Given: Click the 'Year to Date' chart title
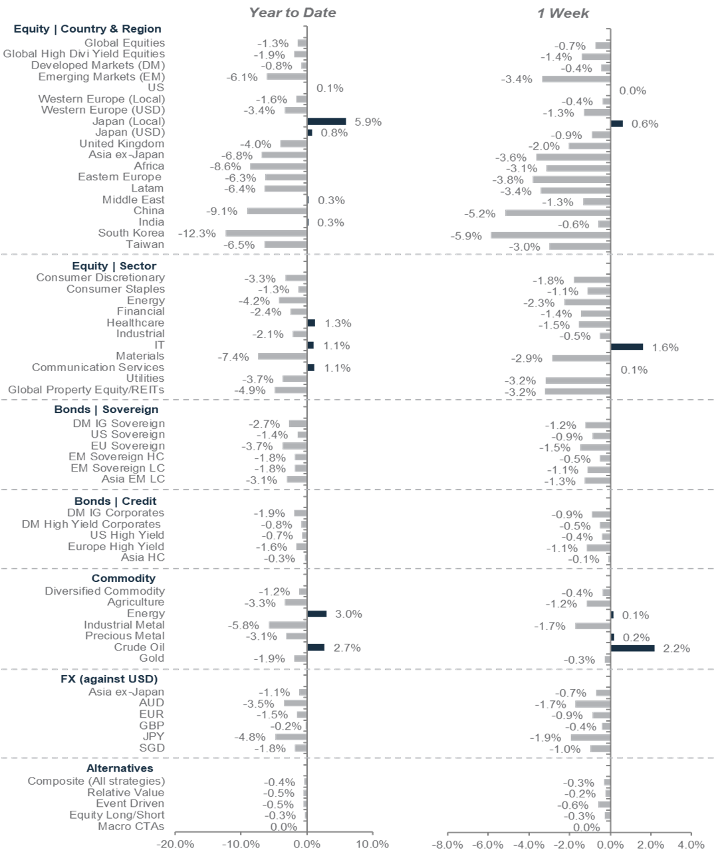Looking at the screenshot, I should click(x=292, y=13).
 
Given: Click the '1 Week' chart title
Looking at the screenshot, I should click(x=563, y=13).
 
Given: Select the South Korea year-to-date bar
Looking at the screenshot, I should click(x=266, y=233).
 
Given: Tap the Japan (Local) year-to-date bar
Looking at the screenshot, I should click(x=326, y=122).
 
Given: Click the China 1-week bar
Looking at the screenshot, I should click(x=557, y=214).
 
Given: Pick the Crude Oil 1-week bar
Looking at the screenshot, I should click(x=632, y=648).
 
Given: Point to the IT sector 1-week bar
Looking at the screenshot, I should click(x=627, y=347).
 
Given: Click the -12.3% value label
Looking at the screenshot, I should click(x=197, y=233).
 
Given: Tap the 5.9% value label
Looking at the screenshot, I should click(x=368, y=122).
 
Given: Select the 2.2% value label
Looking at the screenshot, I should click(x=676, y=648).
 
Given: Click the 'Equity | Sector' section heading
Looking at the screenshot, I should click(x=114, y=266).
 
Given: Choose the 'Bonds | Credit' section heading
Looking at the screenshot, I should click(x=116, y=501).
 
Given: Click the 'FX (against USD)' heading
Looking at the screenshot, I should click(x=109, y=679).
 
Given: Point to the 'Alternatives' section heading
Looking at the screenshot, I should click(x=120, y=768).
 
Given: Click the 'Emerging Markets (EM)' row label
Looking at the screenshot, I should click(x=101, y=76).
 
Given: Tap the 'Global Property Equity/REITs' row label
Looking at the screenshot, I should click(x=86, y=390).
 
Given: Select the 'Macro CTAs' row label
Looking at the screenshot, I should click(x=131, y=826).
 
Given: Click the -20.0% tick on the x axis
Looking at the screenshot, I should click(x=175, y=845).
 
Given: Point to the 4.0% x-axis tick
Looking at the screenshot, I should click(x=691, y=845).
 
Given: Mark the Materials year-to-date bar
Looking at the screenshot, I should click(x=282, y=357).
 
